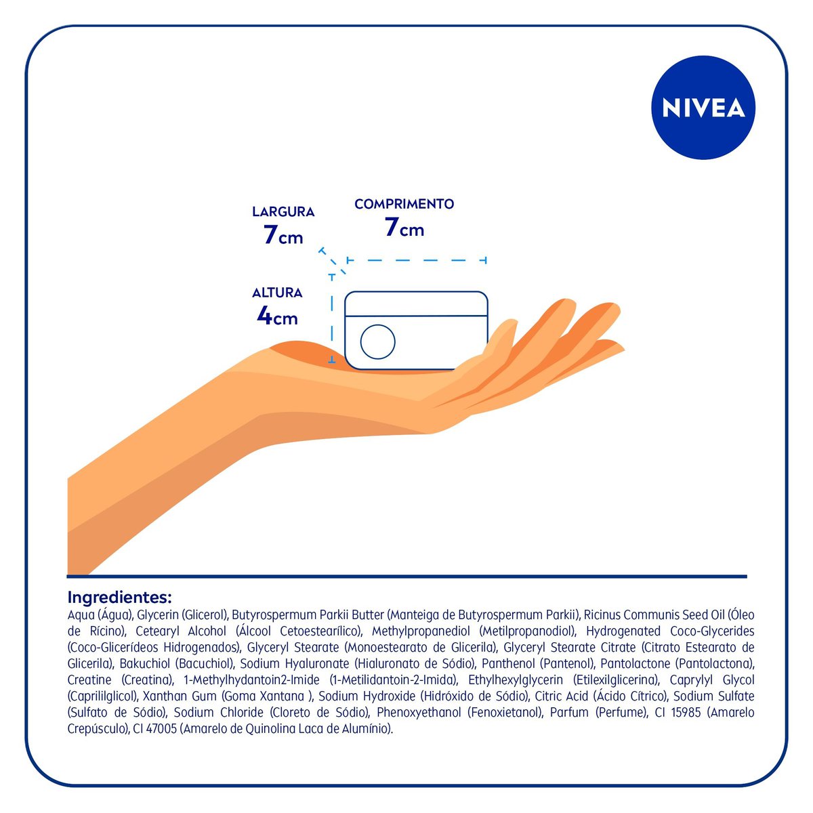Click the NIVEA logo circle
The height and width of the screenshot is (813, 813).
click(703, 108)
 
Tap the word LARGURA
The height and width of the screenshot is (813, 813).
click(283, 212)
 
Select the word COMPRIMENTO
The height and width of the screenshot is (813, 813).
click(404, 204)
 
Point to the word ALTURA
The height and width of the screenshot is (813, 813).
click(277, 293)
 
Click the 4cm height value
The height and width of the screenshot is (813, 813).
click(277, 316)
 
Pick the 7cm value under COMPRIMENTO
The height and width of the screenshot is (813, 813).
click(404, 228)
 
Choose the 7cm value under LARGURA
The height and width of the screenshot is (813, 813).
click(283, 235)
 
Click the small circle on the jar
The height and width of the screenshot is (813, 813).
click(377, 341)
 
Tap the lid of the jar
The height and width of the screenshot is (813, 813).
click(416, 304)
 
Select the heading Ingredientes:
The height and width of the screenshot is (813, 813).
click(119, 598)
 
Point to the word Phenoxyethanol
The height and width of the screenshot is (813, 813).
click(419, 713)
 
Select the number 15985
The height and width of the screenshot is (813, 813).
click(686, 713)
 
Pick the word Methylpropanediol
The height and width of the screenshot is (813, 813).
click(421, 631)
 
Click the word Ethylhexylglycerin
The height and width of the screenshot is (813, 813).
click(516, 680)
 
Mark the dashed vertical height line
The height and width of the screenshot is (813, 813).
click(332, 318)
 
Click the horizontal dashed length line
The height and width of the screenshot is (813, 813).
click(417, 260)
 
